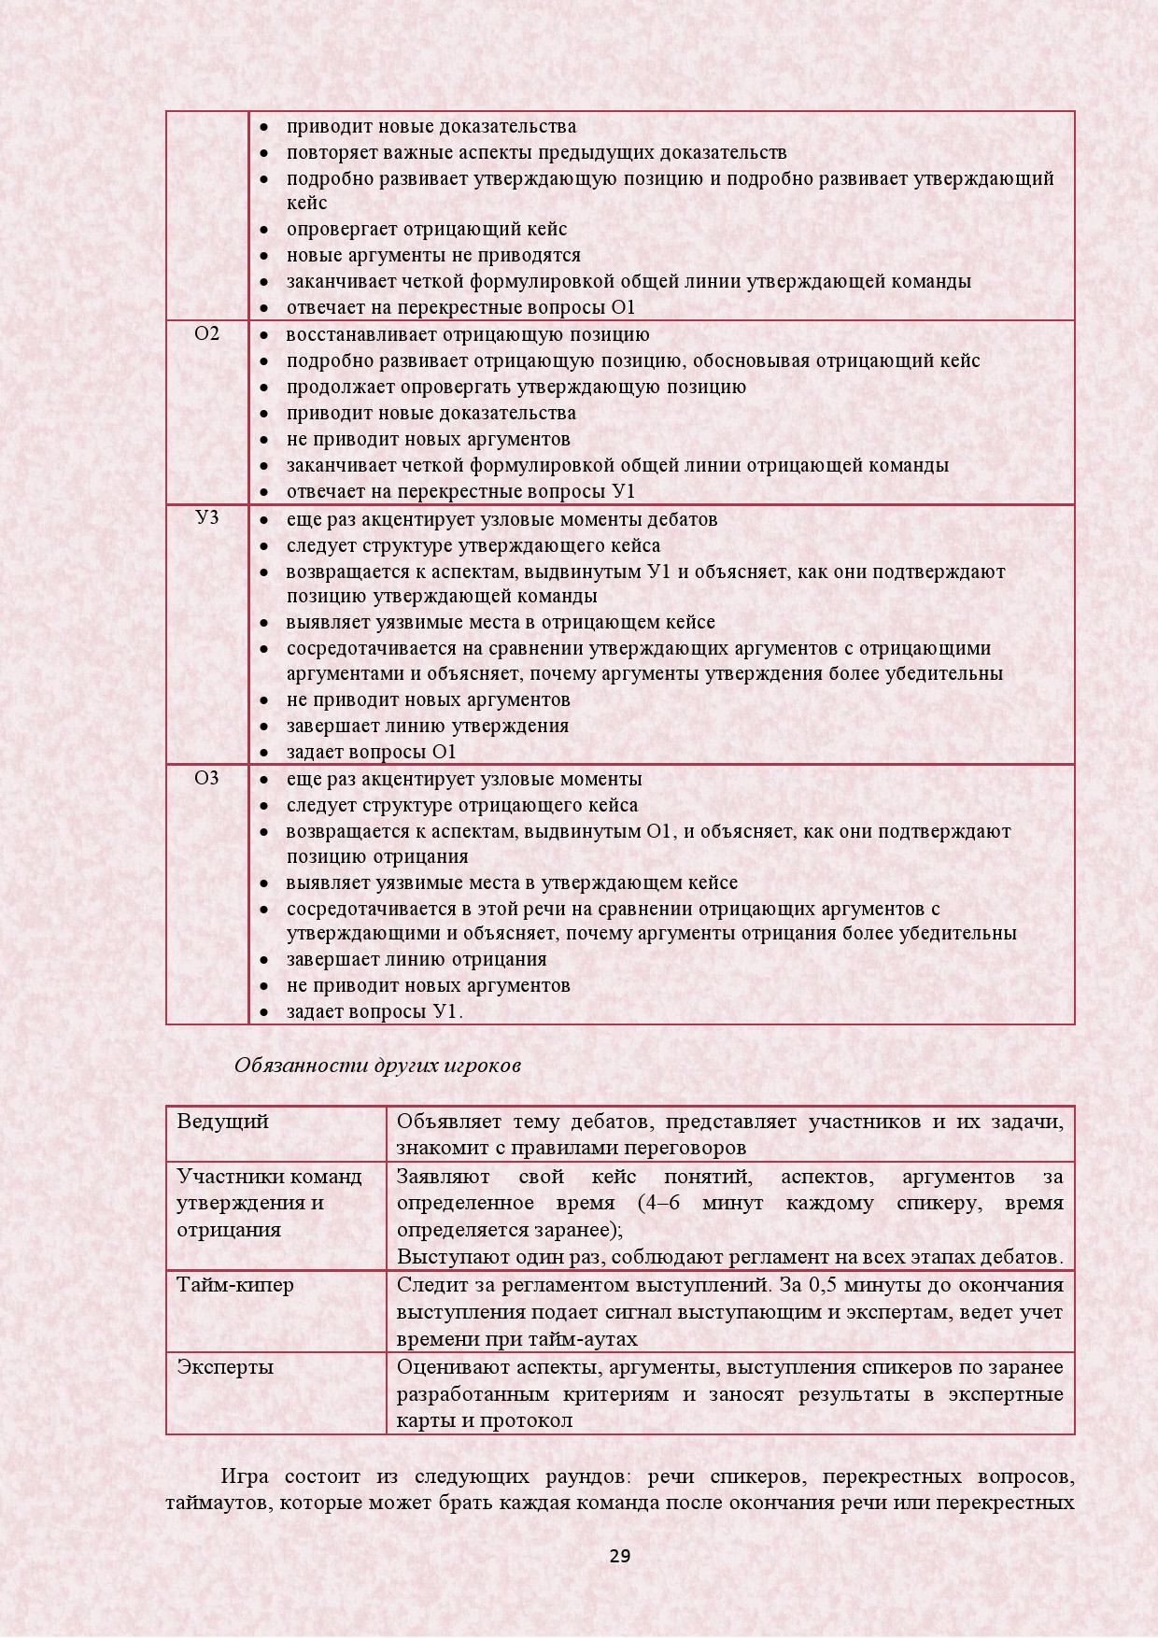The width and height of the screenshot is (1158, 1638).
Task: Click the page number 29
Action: click(x=620, y=1556)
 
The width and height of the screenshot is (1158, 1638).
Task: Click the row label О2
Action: click(x=207, y=333)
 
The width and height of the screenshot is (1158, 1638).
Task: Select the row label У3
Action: click(x=207, y=517)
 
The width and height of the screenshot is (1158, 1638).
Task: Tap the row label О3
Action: click(x=207, y=777)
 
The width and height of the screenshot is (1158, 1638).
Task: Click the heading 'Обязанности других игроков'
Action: click(x=377, y=1065)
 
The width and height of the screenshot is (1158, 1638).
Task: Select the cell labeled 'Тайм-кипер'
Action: click(x=235, y=1285)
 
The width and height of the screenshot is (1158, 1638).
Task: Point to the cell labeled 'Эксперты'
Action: click(x=225, y=1367)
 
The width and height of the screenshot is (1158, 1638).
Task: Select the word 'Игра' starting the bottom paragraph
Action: click(x=245, y=1477)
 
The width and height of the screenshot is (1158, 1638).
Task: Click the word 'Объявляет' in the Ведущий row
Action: click(x=449, y=1122)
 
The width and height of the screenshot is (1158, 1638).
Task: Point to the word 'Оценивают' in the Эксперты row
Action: click(x=451, y=1367)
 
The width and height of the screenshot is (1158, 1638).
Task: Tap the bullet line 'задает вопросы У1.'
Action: click(x=374, y=1011)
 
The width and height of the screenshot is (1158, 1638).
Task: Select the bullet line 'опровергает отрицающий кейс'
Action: click(x=426, y=229)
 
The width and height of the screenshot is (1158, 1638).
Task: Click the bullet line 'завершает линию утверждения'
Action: click(x=427, y=726)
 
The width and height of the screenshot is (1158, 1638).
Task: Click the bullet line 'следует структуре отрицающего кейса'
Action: click(x=462, y=805)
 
